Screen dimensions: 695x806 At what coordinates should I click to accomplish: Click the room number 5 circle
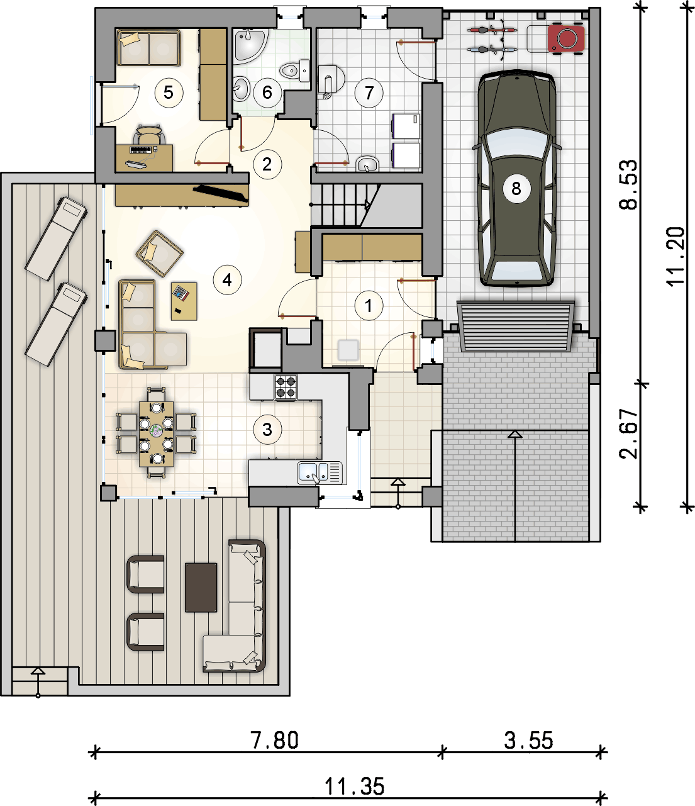[169, 92]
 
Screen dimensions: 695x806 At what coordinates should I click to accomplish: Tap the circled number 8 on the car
[516, 189]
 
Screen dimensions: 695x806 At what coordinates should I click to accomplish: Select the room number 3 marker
[267, 430]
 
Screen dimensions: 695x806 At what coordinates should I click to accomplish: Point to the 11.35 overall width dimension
[354, 786]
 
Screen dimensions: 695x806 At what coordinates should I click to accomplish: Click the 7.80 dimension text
[275, 740]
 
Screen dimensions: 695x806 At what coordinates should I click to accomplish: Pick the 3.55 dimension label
[528, 740]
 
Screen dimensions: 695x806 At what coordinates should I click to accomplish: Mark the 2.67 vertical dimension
[628, 434]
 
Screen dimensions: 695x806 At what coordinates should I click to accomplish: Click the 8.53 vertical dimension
[628, 184]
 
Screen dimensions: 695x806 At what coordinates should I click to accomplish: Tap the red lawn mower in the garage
[566, 38]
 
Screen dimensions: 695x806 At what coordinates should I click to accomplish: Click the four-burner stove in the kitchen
[286, 387]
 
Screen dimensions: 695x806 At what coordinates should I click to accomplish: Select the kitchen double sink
[320, 473]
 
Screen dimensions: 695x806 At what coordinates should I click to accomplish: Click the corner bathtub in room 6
[252, 46]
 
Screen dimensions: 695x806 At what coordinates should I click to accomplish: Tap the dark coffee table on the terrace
[201, 587]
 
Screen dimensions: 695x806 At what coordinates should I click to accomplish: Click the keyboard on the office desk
[140, 149]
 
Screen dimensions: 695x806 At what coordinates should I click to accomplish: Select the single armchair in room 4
[159, 254]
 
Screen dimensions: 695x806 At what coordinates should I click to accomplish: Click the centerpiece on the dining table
[157, 430]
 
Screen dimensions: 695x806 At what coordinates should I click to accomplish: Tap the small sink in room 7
[367, 164]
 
